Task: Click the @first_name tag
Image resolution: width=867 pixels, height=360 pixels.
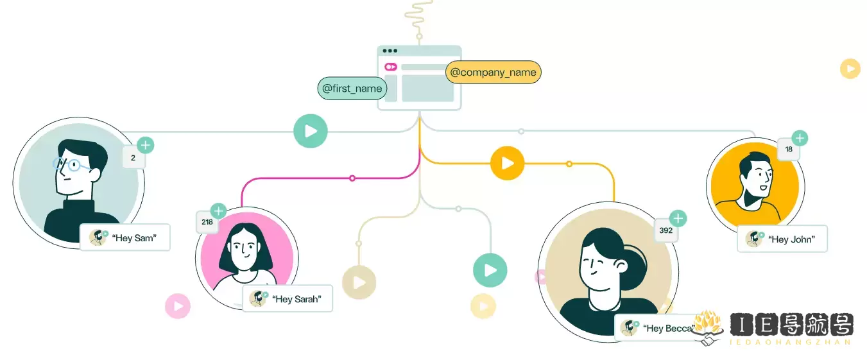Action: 352,89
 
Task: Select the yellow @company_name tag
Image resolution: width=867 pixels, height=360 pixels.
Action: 493,72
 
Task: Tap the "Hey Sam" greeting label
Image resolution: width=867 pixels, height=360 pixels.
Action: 124,237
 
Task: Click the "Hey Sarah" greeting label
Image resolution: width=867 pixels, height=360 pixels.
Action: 288,298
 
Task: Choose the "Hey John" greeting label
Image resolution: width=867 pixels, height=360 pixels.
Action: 782,239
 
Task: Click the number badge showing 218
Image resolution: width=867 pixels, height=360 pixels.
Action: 207,222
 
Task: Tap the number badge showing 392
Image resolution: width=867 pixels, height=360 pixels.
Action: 665,230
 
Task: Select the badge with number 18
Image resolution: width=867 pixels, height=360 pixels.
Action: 789,149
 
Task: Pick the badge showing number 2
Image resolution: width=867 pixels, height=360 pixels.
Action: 133,158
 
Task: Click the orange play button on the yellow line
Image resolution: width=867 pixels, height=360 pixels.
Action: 507,164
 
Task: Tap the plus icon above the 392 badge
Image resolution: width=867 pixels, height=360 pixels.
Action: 678,219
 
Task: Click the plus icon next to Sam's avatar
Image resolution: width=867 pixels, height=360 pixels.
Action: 146,145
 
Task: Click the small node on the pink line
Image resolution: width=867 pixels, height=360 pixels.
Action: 352,178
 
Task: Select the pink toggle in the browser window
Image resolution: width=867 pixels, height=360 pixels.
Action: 391,67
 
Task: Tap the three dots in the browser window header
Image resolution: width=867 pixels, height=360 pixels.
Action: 390,51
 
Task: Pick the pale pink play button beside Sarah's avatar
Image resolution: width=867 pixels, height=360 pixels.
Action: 178,306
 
